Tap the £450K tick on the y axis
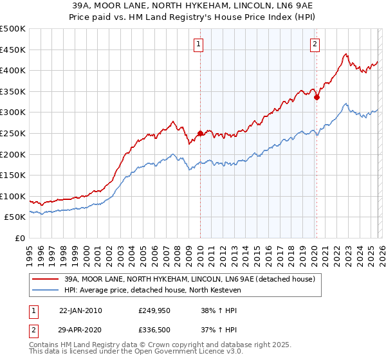[13, 50]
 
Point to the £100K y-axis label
[13, 196]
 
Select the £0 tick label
[19, 238]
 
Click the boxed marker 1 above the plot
[198, 44]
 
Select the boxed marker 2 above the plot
[315, 44]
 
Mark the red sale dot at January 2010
[200, 134]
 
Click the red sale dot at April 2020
[317, 98]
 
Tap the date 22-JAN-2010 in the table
[80, 310]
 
